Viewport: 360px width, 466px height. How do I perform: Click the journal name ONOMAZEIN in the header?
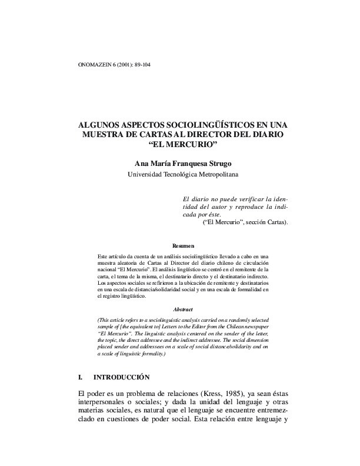(x=94, y=64)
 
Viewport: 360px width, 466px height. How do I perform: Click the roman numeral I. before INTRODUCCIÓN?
(x=81, y=377)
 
